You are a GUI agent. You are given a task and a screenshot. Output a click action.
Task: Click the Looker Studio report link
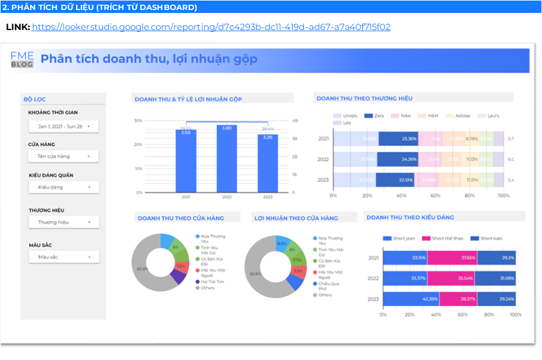[x=211, y=27]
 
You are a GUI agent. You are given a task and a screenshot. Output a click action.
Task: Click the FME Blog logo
[x=22, y=60]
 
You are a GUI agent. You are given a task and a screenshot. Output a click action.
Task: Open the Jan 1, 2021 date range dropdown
[x=64, y=126]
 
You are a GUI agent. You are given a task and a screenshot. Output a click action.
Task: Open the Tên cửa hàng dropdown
[x=64, y=156]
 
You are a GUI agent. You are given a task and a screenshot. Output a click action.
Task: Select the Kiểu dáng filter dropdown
[x=64, y=187]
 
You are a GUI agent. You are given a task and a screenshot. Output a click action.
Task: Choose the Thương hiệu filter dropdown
[x=64, y=222]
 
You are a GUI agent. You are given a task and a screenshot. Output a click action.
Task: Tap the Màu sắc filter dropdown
[x=64, y=257]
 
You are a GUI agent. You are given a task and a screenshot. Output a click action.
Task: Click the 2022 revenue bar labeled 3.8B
[x=227, y=159]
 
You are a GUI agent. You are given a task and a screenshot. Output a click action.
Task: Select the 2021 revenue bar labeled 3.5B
[x=186, y=161]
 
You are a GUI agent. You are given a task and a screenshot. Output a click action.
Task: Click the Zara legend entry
[x=375, y=116]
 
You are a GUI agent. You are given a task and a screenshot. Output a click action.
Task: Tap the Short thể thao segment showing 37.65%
[x=452, y=257]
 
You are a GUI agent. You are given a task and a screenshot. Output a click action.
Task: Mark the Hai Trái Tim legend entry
[x=211, y=282]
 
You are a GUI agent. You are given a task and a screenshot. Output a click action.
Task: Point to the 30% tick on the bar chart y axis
[x=138, y=121]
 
